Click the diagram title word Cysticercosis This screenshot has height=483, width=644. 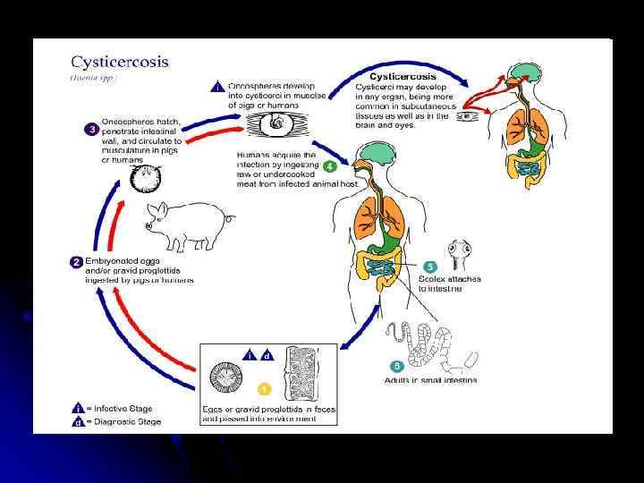coord(120,64)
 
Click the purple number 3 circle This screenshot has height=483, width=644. coord(91,129)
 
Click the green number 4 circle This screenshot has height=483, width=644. coord(330,165)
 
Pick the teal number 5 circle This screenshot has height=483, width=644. coord(430,267)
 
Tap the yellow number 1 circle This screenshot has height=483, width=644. coord(264,389)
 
